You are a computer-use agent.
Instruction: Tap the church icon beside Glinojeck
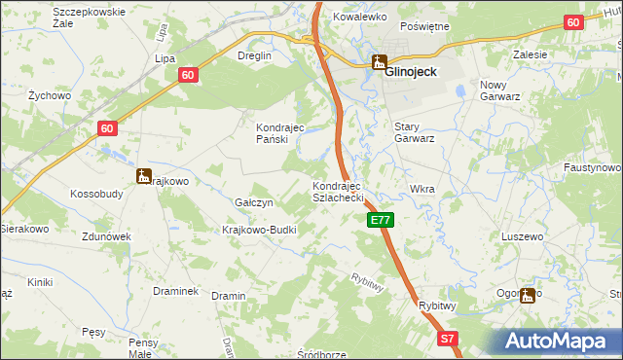point(378,63)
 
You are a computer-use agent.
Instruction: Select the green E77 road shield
point(381,222)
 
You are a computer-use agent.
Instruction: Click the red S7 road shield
point(447,339)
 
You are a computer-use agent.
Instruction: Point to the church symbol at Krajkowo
point(144,176)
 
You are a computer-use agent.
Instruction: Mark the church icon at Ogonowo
point(529,295)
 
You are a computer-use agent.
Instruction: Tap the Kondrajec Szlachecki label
point(338,192)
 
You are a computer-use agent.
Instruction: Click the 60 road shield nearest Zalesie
point(573,23)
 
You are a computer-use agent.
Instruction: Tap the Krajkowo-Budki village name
point(259,230)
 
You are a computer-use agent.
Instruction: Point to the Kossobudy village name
point(96,194)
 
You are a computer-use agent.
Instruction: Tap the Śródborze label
point(321,353)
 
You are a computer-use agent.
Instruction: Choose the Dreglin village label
point(255,55)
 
